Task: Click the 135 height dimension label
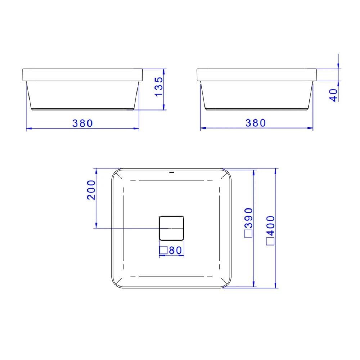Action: tap(159, 87)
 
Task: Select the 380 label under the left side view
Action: tap(82, 123)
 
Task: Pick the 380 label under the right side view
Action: tap(256, 123)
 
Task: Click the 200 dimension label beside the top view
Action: tap(91, 190)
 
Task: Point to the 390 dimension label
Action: tap(249, 218)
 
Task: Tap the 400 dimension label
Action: tap(271, 226)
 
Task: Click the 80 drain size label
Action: tap(176, 250)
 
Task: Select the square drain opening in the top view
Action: tap(171, 228)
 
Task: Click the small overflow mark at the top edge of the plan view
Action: tap(171, 172)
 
